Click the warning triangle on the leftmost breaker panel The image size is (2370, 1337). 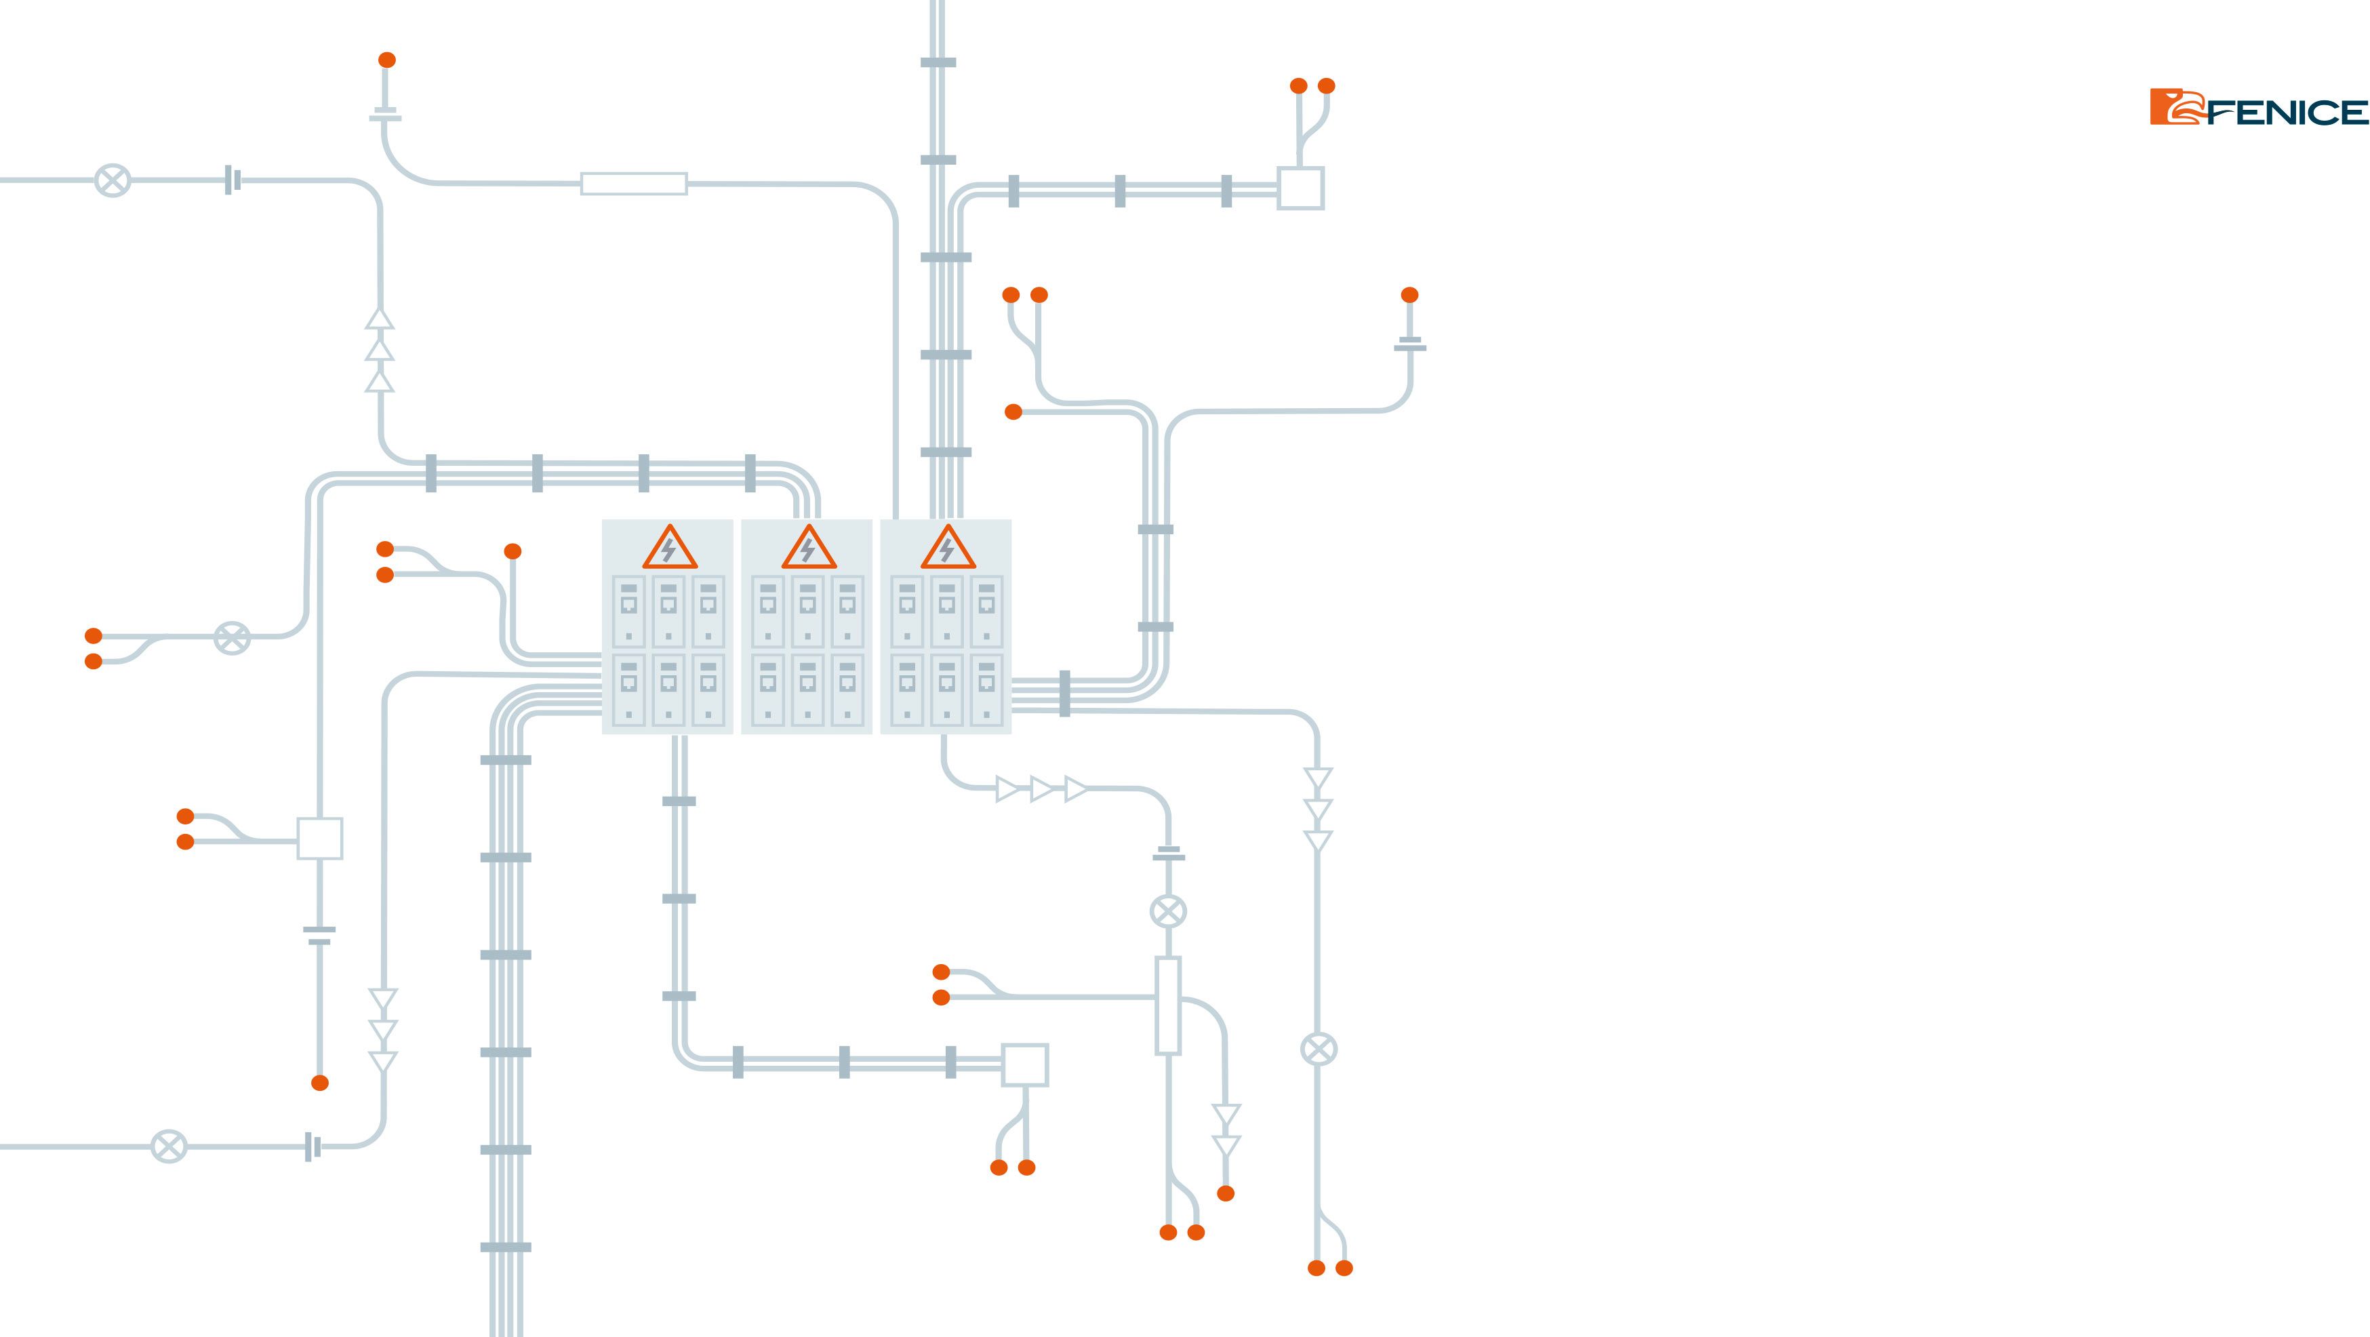click(669, 548)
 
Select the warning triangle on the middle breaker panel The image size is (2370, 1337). click(809, 548)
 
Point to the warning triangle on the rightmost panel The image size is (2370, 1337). click(948, 548)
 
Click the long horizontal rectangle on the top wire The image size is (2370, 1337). click(634, 184)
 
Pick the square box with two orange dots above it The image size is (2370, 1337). click(1301, 188)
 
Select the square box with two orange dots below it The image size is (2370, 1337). click(1025, 1066)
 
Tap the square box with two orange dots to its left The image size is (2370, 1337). click(320, 838)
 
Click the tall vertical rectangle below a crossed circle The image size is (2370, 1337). click(1167, 1005)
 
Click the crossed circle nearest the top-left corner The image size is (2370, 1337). click(113, 180)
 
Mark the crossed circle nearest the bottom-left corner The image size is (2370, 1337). click(168, 1146)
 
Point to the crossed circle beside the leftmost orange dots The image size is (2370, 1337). click(232, 637)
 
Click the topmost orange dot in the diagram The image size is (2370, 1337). click(387, 60)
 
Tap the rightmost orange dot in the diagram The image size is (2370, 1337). click(1409, 294)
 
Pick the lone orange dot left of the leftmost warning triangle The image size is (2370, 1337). click(513, 551)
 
